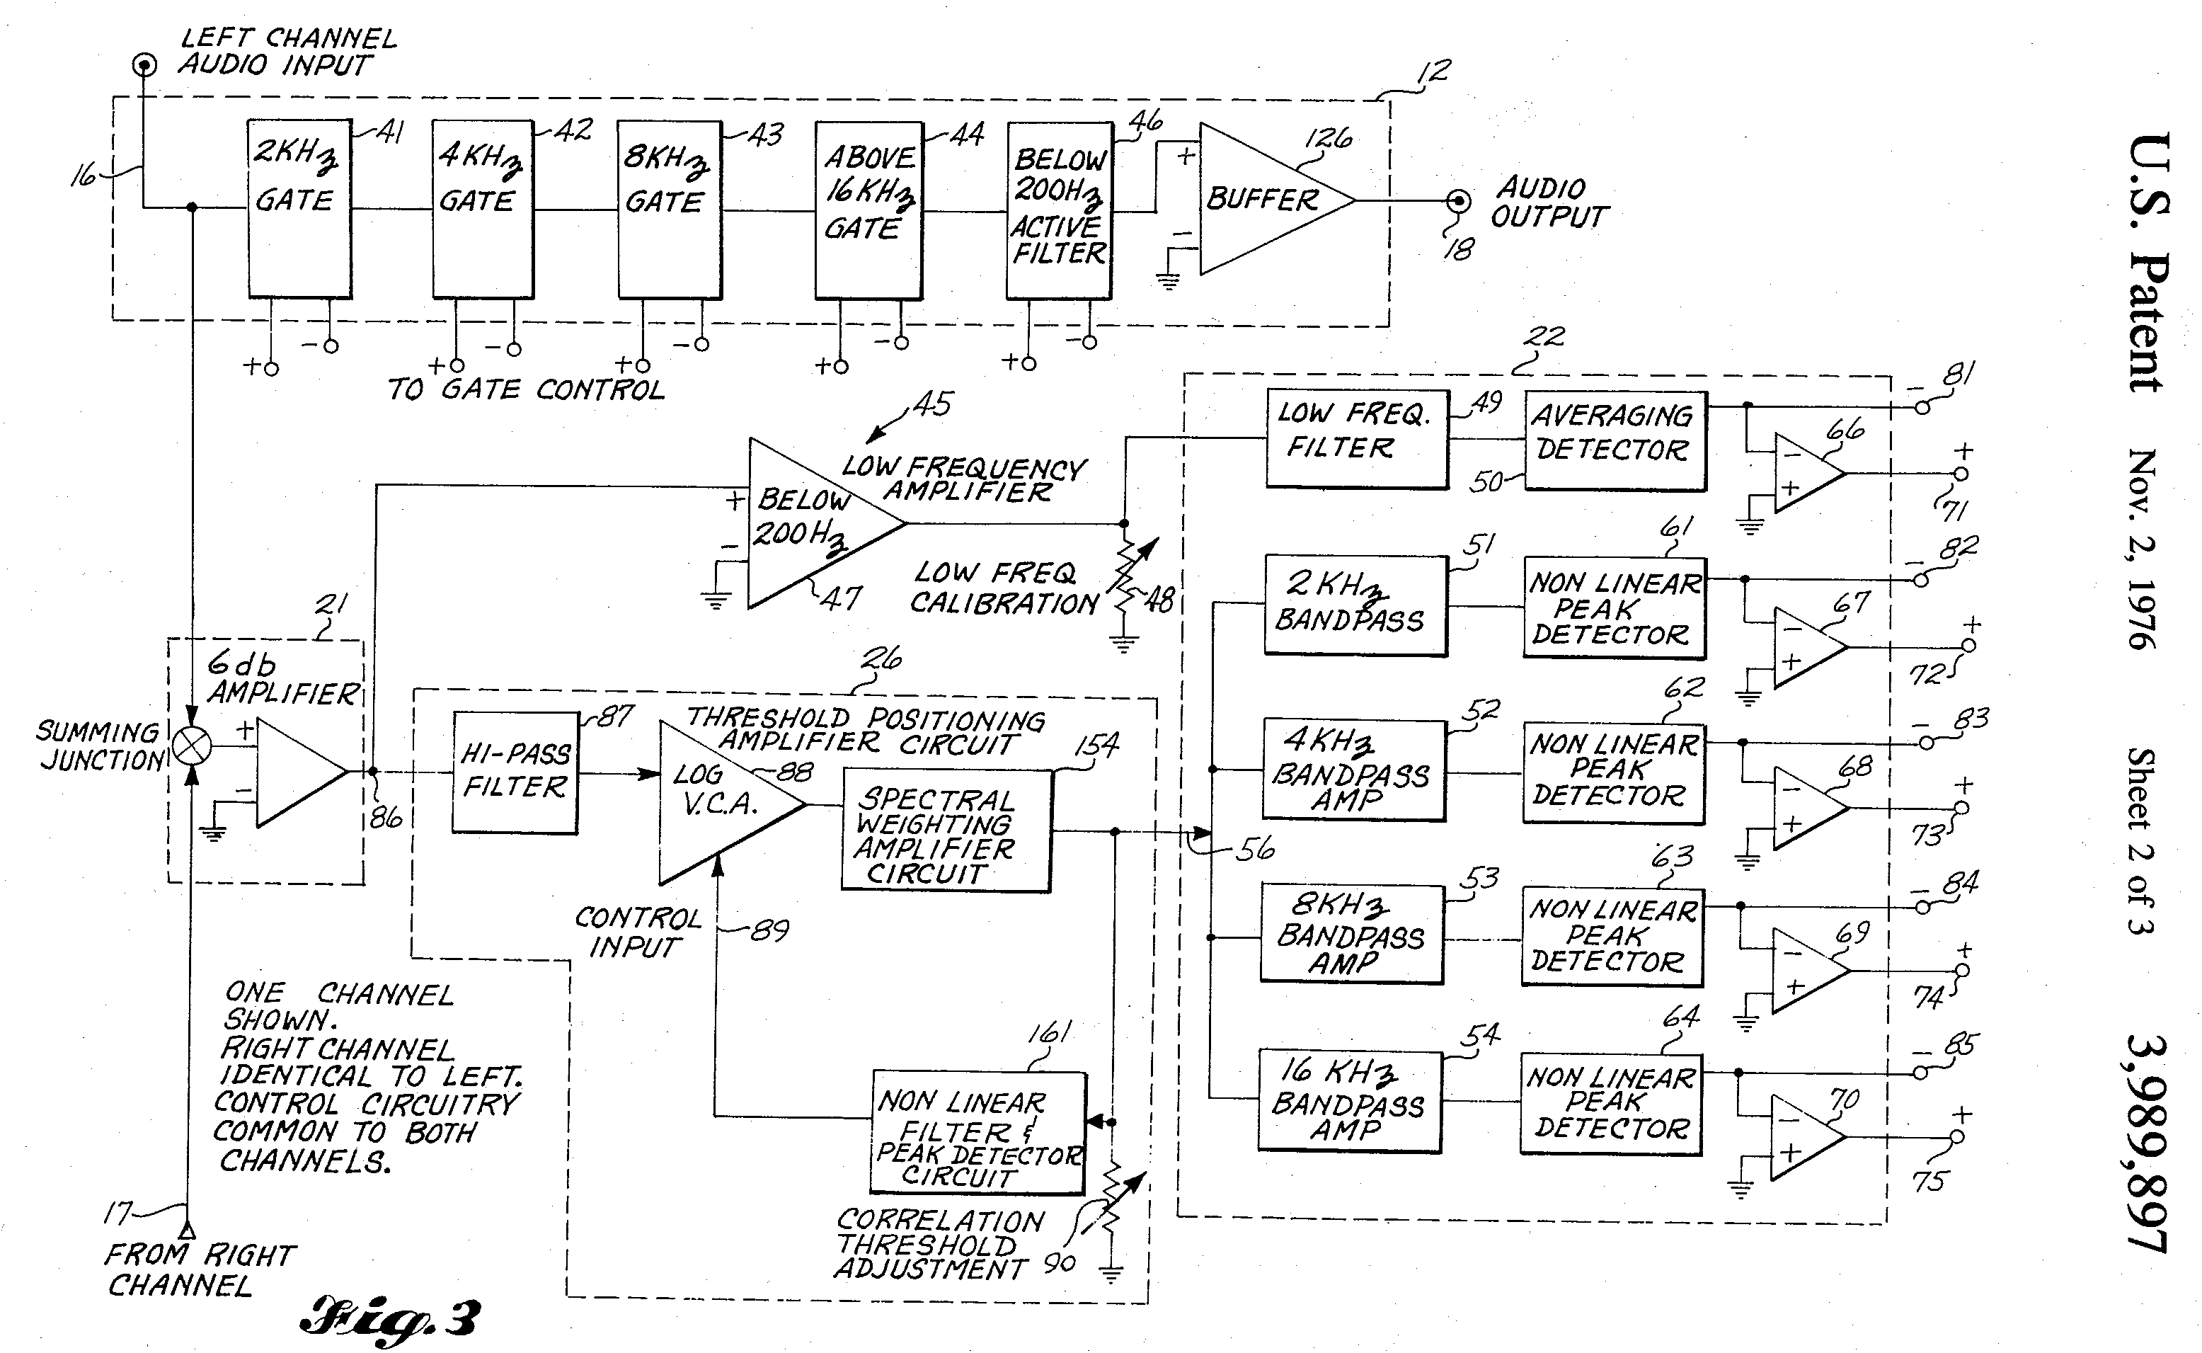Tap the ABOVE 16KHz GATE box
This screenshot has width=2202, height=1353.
868,210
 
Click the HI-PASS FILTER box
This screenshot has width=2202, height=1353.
515,772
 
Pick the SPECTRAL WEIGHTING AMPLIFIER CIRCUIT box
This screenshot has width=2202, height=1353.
946,831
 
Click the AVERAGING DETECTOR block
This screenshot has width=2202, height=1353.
1615,440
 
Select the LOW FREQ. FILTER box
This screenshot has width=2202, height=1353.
1357,438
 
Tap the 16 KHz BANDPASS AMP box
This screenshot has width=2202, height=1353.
1349,1101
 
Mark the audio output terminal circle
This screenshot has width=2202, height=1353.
1458,200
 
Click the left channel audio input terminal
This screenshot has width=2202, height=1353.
144,65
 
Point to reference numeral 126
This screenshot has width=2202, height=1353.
1327,139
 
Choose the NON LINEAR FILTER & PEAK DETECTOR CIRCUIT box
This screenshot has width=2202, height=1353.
977,1132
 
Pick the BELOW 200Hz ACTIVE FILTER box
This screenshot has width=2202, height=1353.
1059,210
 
